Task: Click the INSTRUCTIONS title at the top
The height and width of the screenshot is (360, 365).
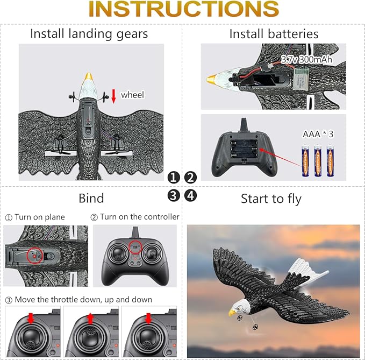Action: pos(184,9)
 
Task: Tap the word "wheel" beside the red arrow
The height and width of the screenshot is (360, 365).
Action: pos(132,95)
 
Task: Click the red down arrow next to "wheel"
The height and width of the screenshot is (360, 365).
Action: pos(113,96)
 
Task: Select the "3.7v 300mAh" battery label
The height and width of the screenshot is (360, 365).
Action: pos(306,59)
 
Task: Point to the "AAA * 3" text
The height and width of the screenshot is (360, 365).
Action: pos(318,134)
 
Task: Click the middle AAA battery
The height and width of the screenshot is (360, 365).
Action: pos(318,160)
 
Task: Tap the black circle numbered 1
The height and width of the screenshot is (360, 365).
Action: pos(174,178)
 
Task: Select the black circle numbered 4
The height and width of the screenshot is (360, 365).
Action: pos(190,195)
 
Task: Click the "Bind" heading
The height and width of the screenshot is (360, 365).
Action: pos(91,198)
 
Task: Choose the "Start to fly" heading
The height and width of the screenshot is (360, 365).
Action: pos(271,199)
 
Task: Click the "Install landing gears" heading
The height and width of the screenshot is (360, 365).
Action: pos(89,34)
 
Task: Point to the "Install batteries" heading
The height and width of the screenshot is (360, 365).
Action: pos(274,34)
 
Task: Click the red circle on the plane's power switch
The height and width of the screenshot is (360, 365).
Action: pos(35,256)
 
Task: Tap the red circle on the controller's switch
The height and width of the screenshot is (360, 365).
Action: pos(135,247)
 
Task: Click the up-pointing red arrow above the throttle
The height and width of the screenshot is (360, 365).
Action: pos(90,318)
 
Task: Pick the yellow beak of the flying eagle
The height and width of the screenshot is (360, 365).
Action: pos(232,313)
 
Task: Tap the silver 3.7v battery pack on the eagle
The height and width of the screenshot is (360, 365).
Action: pos(300,79)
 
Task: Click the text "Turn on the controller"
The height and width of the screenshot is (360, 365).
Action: pos(140,217)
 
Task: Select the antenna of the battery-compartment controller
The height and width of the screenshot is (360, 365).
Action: pos(244,125)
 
